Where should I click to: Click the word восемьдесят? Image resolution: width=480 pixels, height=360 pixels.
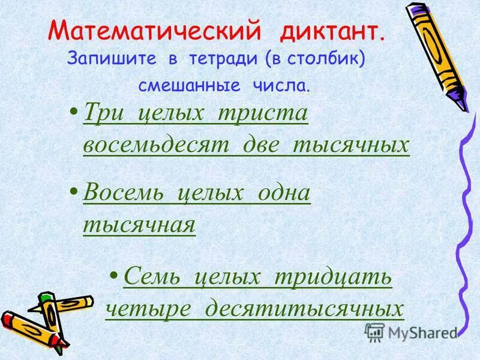[x=158, y=145]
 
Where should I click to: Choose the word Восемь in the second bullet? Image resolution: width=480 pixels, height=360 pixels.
[x=122, y=194]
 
